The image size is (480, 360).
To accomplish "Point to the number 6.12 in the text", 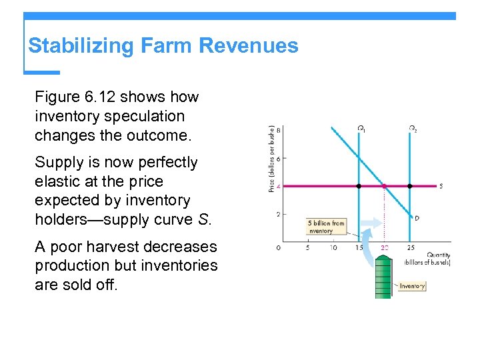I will click(103, 97).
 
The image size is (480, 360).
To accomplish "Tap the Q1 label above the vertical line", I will click(361, 129).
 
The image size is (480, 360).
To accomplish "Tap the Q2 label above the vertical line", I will click(413, 129).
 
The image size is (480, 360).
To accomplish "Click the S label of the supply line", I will click(441, 186).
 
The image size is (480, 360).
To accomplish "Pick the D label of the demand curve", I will click(417, 218).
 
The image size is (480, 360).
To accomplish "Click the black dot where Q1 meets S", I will click(359, 186).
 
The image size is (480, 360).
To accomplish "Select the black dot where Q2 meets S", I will click(409, 186).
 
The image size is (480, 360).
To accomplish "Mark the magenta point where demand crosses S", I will click(384, 186).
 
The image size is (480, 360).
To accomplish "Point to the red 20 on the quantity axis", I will click(384, 248).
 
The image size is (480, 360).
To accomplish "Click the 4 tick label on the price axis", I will click(278, 186).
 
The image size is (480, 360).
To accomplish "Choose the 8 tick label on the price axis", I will click(278, 130).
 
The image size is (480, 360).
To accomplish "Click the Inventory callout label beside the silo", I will click(412, 286).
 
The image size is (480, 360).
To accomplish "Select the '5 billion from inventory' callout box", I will click(326, 227).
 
